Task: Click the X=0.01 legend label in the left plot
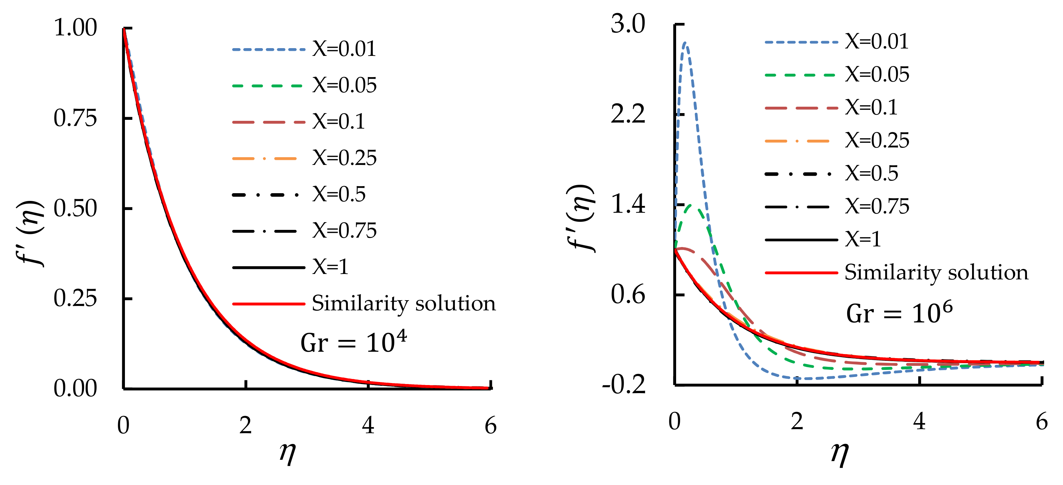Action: pyautogui.click(x=344, y=49)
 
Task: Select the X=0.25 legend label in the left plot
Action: pyautogui.click(x=344, y=158)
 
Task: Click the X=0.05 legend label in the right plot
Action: pyautogui.click(x=877, y=75)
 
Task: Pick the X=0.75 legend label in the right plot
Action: pyautogui.click(x=877, y=207)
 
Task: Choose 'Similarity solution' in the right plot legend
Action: pyautogui.click(x=936, y=273)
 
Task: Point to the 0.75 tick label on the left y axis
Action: pyautogui.click(x=75, y=118)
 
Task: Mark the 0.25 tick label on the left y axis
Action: pyautogui.click(x=75, y=298)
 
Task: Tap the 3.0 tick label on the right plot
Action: pyautogui.click(x=628, y=24)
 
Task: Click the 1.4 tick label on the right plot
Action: pyautogui.click(x=628, y=205)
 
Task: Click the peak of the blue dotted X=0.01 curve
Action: pyautogui.click(x=685, y=42)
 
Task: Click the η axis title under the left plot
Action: pyautogui.click(x=288, y=453)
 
